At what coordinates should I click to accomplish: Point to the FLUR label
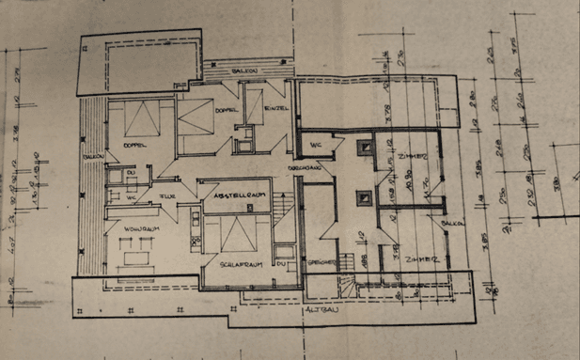tap(166, 196)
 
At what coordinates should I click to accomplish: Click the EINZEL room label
tap(275, 108)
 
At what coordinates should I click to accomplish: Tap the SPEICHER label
tap(321, 263)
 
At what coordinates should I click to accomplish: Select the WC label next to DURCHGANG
tap(315, 146)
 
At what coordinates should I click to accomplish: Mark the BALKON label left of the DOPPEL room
tap(91, 156)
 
